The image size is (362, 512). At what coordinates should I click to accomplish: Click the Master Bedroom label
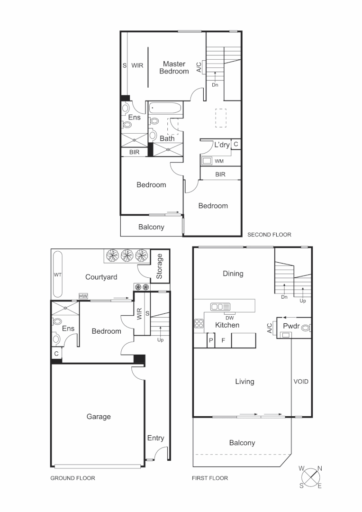coord(174,67)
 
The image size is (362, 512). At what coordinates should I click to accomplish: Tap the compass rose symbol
coord(310,476)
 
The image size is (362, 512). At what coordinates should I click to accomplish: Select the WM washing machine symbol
coord(207,161)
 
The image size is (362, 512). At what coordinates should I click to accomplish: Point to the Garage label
coord(99,417)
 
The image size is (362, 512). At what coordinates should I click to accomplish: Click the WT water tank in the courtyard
coord(58,274)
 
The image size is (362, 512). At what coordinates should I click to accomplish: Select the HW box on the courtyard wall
coord(83,296)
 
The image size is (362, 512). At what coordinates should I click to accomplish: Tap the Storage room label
coord(160,266)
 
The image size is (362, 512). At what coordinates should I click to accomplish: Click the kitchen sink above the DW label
coord(220,307)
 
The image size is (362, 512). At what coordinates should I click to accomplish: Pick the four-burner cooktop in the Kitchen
coord(199,324)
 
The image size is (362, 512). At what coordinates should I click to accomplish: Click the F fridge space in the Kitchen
coord(223,340)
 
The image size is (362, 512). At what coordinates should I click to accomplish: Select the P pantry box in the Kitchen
coord(210,340)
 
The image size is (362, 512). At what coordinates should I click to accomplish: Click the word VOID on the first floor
coord(301,381)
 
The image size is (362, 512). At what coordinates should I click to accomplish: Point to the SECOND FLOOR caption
coord(269,234)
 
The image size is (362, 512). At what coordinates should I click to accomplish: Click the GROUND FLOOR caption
coord(72,478)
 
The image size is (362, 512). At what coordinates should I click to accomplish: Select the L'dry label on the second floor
coord(222,145)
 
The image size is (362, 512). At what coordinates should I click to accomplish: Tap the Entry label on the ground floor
coord(155,438)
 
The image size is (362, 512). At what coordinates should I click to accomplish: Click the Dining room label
coord(233,274)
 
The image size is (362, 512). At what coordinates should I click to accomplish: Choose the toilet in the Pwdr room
coord(306,327)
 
